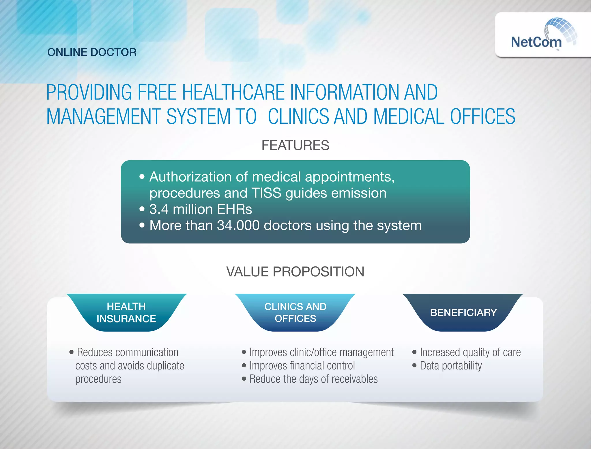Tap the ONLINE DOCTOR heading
coord(92,52)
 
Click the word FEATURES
coord(295,145)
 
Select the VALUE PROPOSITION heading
coord(295,272)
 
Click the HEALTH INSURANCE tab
coord(126,312)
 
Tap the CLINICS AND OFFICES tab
coord(295,312)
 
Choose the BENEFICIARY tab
coord(463,312)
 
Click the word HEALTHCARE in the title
coord(233,93)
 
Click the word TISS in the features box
coord(266,193)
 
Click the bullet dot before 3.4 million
coord(142,209)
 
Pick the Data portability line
coord(450,366)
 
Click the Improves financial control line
coord(302,366)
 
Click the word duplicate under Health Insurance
coord(165,366)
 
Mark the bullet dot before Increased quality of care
coord(414,352)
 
